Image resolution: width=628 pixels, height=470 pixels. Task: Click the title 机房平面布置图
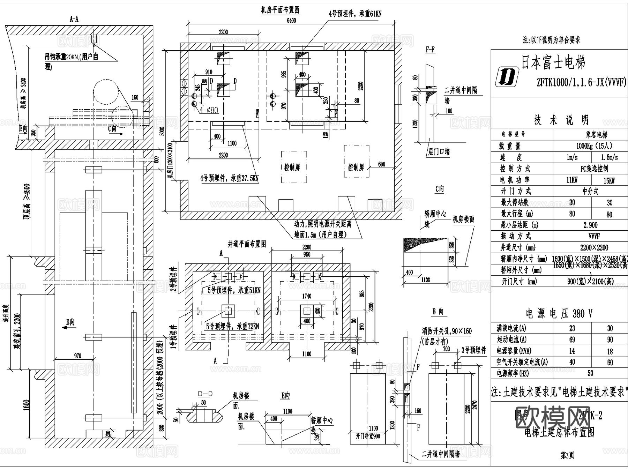pos(280,10)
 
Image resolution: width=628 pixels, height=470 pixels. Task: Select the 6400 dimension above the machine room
pos(291,21)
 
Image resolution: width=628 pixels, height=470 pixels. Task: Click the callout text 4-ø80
pos(209,110)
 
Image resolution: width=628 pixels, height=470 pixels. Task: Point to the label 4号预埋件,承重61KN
pos(355,14)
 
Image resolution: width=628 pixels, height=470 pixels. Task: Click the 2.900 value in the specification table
pos(590,225)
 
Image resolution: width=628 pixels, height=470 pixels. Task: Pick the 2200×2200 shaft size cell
pos(594,248)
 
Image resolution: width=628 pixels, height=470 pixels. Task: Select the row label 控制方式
pos(515,169)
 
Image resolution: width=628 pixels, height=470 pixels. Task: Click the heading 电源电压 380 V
pos(559,314)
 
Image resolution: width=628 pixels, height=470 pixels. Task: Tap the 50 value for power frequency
pos(590,373)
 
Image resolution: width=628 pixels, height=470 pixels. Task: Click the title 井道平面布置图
pos(247,244)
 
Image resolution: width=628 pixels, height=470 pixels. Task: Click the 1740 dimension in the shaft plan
pos(307,296)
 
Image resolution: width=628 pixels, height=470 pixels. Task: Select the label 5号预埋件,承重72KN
pos(232,326)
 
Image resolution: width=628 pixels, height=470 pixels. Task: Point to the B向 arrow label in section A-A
pos(70,322)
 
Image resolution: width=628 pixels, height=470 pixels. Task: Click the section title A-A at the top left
pos(74,20)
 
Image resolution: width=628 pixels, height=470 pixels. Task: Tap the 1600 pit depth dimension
pos(27,405)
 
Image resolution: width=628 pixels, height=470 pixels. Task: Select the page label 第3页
pos(567,455)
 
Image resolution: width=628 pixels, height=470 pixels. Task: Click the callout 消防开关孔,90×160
pos(447,330)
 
